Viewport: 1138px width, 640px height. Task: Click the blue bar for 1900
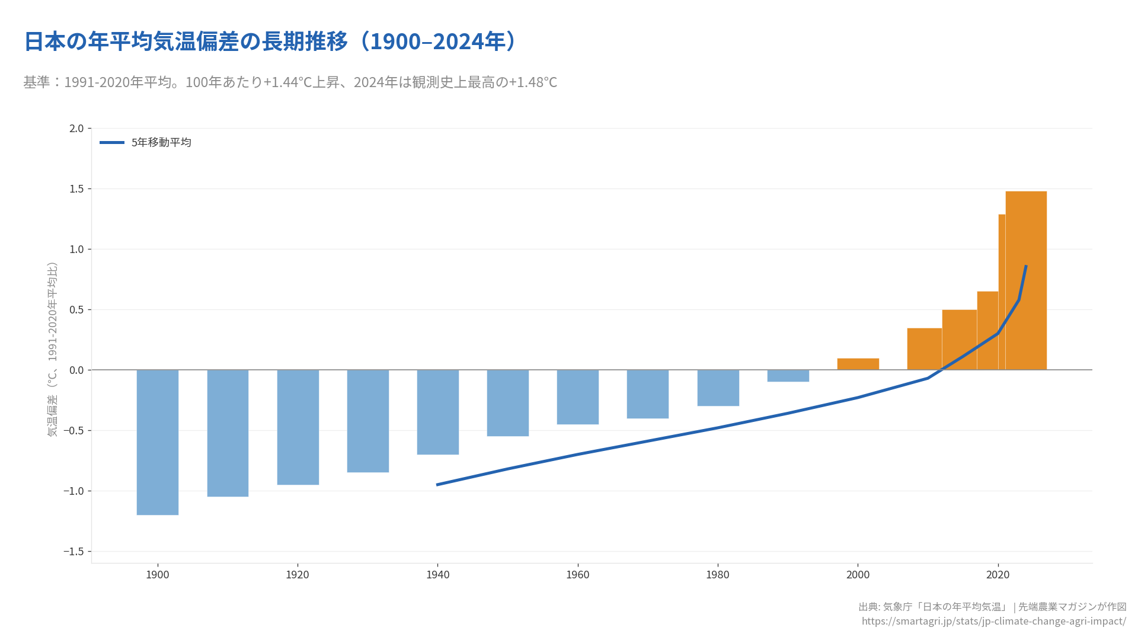click(157, 442)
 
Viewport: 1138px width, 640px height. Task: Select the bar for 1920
click(298, 427)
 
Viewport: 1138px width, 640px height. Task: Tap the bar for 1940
click(437, 412)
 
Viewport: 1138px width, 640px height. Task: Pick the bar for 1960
click(577, 397)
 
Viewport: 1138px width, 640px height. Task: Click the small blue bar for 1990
click(788, 376)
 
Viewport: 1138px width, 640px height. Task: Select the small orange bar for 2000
click(858, 364)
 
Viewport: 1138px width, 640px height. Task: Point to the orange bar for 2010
click(924, 349)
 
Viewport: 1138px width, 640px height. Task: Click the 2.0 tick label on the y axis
click(76, 129)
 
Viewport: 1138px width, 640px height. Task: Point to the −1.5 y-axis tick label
click(73, 552)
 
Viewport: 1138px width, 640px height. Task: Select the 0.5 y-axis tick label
click(76, 310)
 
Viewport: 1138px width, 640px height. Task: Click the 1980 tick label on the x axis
click(718, 575)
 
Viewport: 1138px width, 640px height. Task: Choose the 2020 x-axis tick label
click(998, 575)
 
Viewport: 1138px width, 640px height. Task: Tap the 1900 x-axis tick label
click(157, 575)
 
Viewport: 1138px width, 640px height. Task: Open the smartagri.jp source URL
click(993, 621)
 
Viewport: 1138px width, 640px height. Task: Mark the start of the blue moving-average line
click(437, 485)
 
